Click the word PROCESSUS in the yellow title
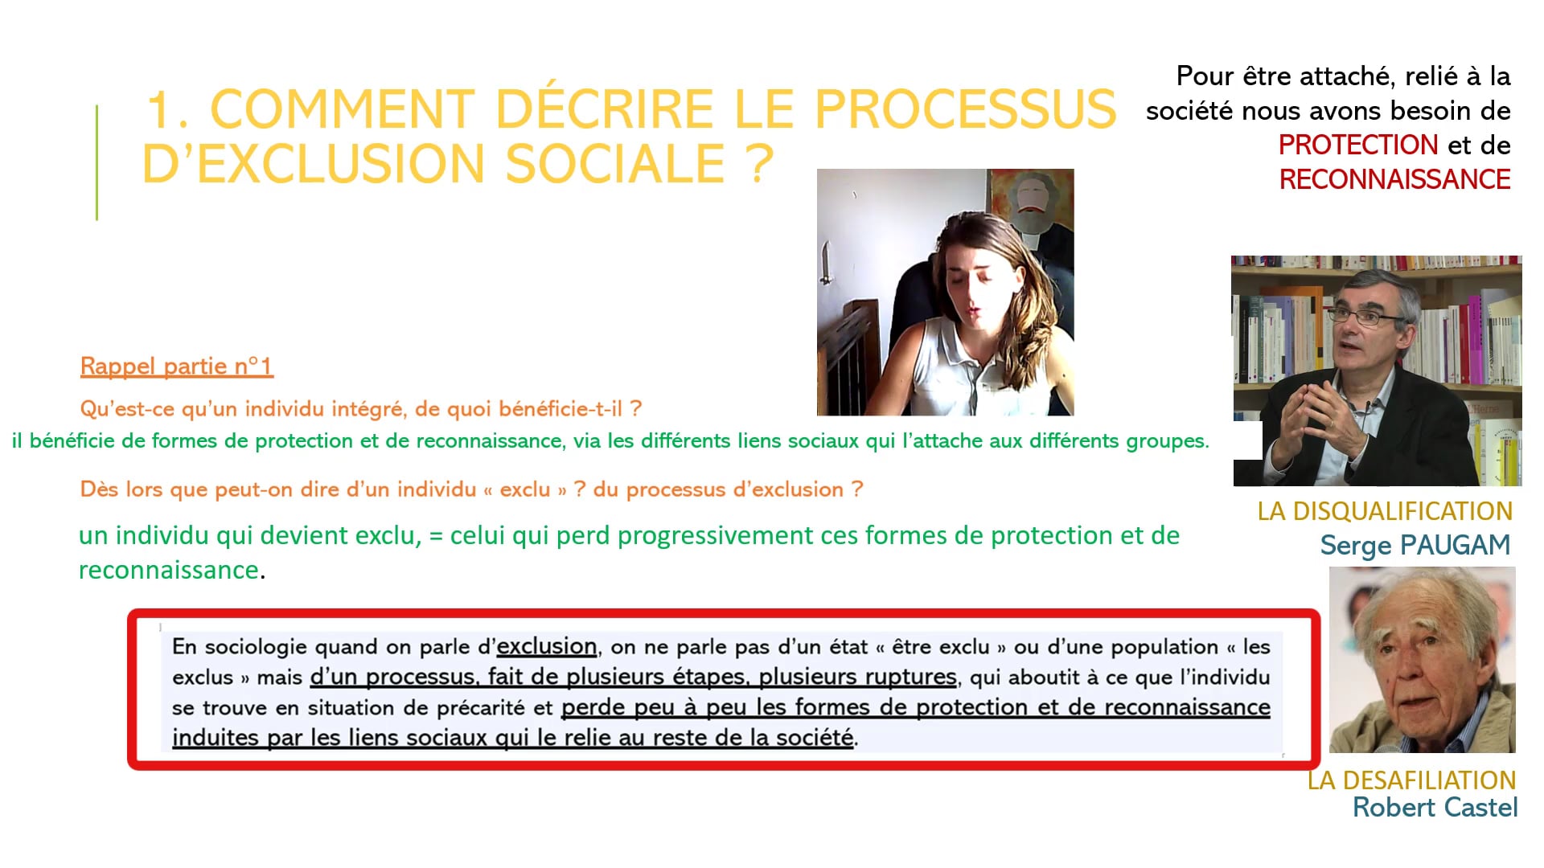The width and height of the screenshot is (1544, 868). pos(965,109)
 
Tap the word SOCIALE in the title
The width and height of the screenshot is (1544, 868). pos(615,164)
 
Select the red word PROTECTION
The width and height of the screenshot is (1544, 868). pos(1358,145)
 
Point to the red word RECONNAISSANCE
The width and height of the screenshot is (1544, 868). pos(1394,179)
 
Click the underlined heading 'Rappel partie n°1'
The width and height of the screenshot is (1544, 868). pos(177,366)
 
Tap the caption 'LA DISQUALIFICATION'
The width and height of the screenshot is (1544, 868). pos(1385,511)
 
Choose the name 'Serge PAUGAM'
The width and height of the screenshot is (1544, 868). pos(1415,546)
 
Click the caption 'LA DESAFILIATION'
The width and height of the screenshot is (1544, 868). pos(1411,780)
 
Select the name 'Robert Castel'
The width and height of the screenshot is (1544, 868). pos(1435,807)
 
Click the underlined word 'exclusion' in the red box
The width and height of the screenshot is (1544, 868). pos(546,646)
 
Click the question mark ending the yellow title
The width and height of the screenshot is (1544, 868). pos(759,164)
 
